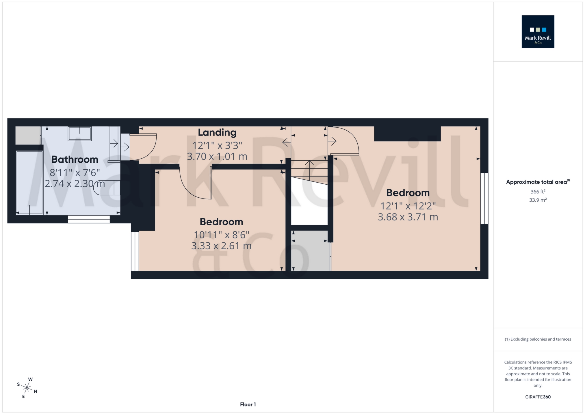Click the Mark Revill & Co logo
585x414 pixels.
pos(538,31)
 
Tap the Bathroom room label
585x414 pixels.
pos(75,159)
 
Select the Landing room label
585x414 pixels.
pos(217,132)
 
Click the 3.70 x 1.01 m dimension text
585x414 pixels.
pos(217,157)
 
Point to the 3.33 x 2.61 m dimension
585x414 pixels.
pos(221,246)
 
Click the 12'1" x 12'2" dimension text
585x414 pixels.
pos(408,206)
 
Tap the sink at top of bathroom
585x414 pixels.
pos(80,133)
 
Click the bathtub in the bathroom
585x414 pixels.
pos(29,183)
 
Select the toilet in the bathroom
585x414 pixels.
pos(107,187)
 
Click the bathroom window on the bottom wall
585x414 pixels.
pos(89,219)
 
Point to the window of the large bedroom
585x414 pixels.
pos(484,198)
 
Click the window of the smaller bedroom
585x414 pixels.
pos(135,251)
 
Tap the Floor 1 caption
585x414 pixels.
pos(248,404)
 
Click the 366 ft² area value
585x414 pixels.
pos(538,192)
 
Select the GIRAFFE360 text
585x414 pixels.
pos(538,397)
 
